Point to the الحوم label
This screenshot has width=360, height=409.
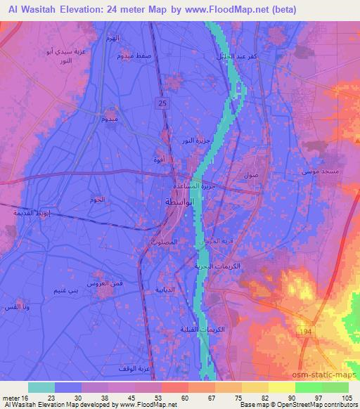click(98, 200)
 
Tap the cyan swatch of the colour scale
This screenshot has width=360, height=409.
click(41, 387)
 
